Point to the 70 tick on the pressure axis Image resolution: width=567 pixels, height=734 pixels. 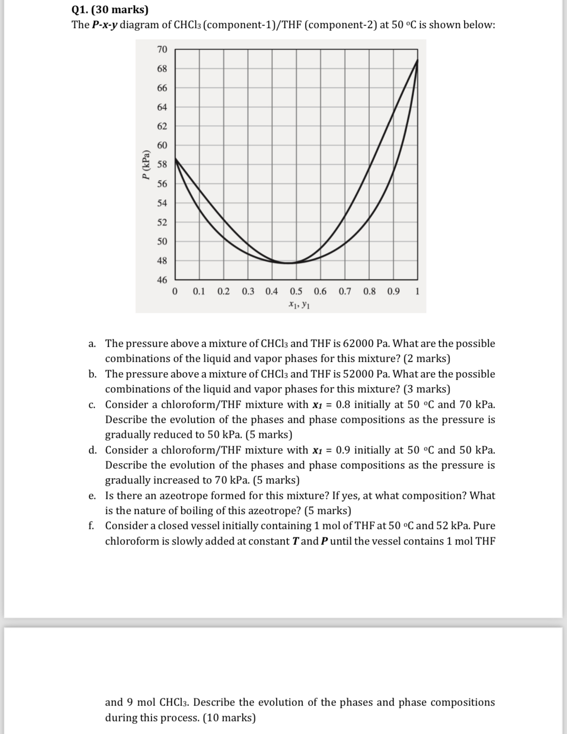click(x=162, y=49)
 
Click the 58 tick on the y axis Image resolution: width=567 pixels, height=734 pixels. click(x=162, y=164)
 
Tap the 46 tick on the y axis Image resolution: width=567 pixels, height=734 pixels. click(x=162, y=280)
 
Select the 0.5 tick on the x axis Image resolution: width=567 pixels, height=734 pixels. click(x=296, y=292)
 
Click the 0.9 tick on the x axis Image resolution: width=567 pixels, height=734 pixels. click(x=394, y=292)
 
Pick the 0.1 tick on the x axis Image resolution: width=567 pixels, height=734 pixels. click(x=199, y=292)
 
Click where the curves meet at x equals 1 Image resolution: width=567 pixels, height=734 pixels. click(x=417, y=60)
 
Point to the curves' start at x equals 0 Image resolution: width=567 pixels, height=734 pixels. click(x=175, y=158)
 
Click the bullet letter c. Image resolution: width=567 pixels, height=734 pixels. click(x=92, y=405)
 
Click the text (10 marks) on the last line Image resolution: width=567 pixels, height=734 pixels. click(x=229, y=718)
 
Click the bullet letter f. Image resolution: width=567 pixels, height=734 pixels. click(x=92, y=526)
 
